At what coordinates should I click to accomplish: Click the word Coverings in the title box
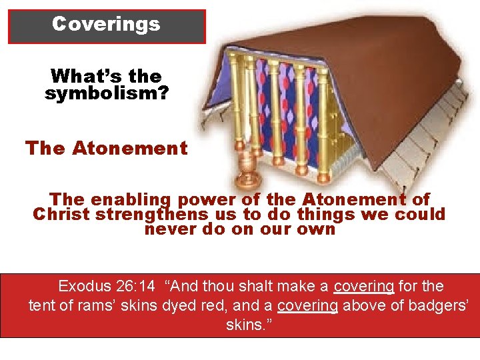tap(107, 24)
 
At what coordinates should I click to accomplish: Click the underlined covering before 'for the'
tap(365, 287)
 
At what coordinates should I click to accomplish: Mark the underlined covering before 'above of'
tap(307, 307)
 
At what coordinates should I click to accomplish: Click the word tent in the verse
tap(41, 307)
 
